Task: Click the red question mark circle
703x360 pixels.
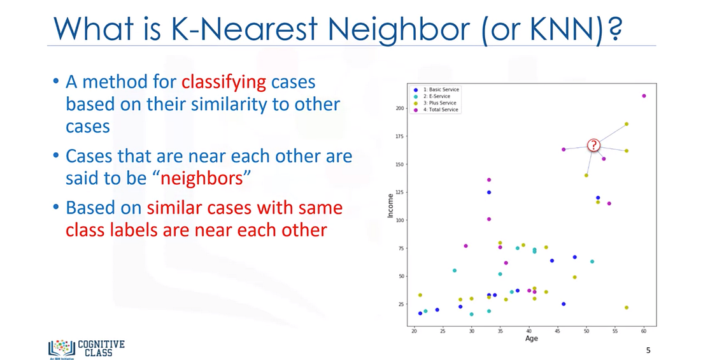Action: [593, 145]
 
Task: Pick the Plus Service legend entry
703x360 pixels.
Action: [437, 103]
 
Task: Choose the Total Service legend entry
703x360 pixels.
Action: [438, 110]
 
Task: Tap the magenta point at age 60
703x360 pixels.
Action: [644, 96]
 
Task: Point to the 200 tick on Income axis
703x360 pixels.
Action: [400, 108]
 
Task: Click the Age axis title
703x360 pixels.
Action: [531, 338]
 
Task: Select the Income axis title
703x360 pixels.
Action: [391, 206]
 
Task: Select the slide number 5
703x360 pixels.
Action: [649, 350]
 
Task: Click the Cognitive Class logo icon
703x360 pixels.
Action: [61, 347]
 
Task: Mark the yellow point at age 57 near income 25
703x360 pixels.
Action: [627, 308]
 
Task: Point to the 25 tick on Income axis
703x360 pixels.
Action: [401, 304]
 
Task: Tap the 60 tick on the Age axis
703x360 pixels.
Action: [644, 331]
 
